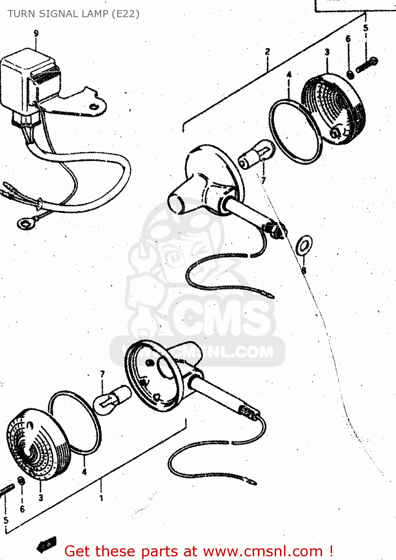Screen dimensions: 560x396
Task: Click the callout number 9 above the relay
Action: coord(36,33)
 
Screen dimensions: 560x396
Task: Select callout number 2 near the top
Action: coord(267,51)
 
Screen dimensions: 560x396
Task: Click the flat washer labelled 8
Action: coord(304,245)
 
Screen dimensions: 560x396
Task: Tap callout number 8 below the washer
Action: coord(304,270)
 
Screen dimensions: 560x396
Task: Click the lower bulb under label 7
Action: coord(112,399)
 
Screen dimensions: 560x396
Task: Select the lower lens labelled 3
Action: coord(37,446)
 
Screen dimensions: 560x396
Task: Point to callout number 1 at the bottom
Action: coord(101,498)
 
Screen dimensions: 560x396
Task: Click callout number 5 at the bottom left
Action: coord(6,520)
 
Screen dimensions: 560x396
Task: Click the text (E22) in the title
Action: coord(125,14)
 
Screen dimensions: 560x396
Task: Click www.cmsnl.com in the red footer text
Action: coord(263,551)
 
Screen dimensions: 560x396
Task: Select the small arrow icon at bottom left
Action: coord(47,545)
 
